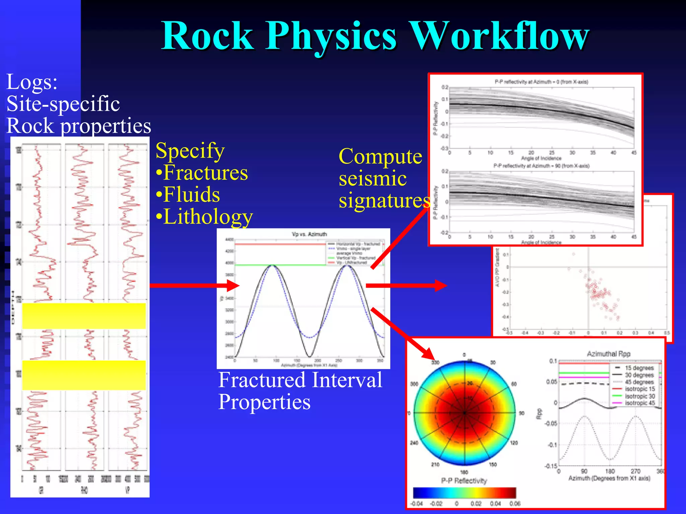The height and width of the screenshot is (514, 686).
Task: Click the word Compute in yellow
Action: coord(380,156)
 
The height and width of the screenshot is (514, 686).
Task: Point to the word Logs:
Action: coord(32,82)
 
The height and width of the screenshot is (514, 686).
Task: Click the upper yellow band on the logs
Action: coord(84,316)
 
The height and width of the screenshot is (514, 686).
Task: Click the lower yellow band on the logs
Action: coord(84,375)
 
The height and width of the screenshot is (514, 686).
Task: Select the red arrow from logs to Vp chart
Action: coord(194,285)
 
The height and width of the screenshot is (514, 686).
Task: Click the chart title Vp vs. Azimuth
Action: coord(309,234)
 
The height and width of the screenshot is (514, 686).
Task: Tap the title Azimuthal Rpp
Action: coord(608,354)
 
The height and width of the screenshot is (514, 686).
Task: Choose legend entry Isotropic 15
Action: coord(640,389)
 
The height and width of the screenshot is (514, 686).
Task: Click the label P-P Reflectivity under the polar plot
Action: coord(464,481)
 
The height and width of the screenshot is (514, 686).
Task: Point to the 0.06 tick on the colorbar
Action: coord(514,504)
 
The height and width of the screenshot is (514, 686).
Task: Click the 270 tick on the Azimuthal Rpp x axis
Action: coord(635,471)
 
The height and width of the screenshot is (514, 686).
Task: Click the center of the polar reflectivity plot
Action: coord(465,413)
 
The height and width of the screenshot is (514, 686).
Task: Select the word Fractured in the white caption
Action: coord(262,380)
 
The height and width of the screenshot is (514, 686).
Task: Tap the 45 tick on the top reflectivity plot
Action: coord(633,153)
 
